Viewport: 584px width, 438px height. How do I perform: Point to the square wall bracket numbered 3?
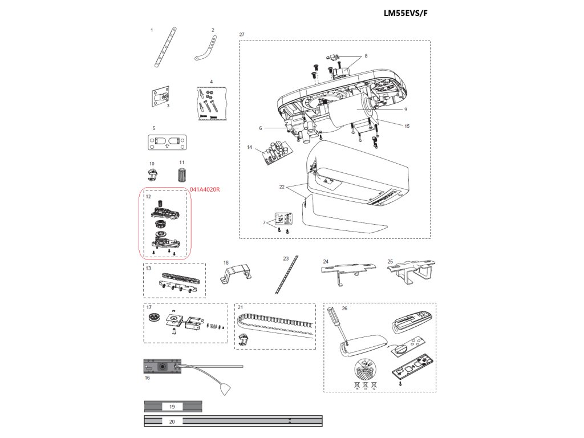161,98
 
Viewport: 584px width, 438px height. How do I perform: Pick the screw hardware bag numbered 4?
210,103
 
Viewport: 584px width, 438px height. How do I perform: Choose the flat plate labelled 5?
168,141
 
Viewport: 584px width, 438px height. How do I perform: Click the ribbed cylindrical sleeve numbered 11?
182,175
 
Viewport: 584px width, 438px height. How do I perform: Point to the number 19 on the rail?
172,407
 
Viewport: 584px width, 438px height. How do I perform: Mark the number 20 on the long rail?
172,421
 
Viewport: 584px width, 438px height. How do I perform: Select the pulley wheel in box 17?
153,319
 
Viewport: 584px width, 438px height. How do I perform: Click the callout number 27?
242,35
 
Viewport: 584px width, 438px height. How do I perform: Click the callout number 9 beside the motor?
405,109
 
